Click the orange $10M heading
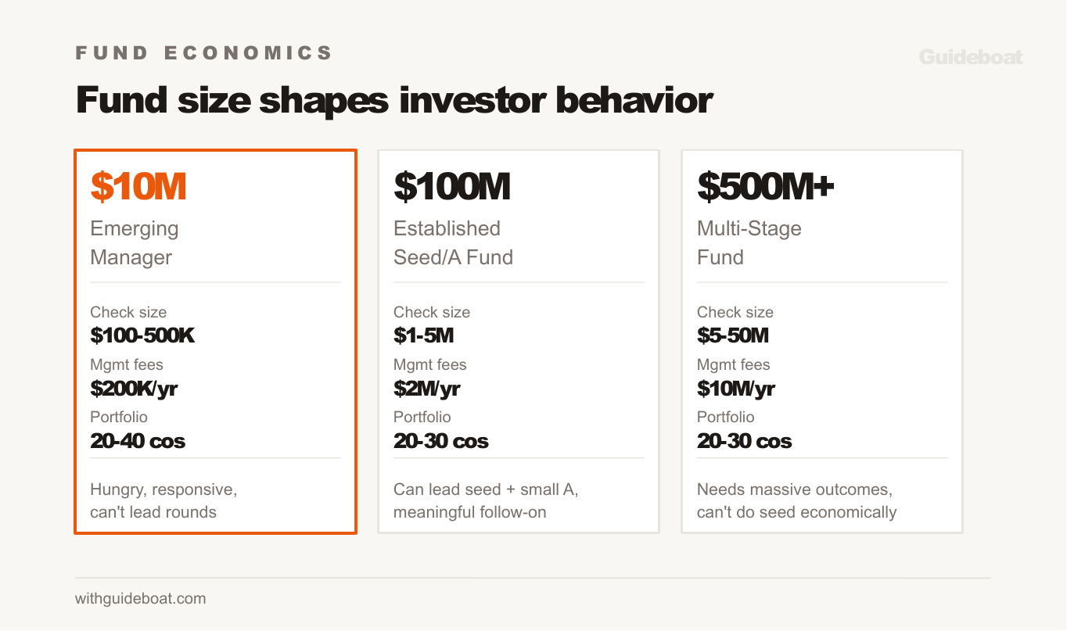138,187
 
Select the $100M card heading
452,187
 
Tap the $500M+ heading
766,187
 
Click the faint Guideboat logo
970,57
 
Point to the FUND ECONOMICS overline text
204,53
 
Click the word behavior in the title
634,101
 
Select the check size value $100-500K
142,336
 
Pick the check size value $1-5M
423,336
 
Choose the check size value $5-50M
733,336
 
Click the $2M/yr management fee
426,389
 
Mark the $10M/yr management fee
736,389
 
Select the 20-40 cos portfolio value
138,441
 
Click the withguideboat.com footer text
141,599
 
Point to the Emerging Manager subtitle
134,242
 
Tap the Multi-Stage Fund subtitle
749,242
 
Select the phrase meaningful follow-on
469,513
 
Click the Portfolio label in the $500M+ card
725,417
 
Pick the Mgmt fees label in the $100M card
429,364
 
